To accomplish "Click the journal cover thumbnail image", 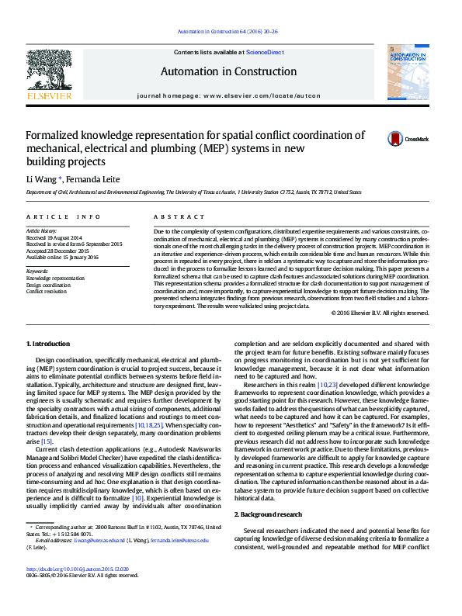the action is point(408,72).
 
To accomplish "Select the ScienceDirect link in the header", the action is point(266,51).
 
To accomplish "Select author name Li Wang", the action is point(40,178).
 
